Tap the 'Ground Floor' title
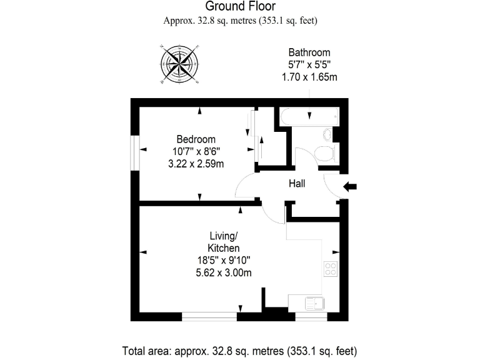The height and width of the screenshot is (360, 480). click(240, 7)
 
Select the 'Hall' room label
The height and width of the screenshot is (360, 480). click(296, 184)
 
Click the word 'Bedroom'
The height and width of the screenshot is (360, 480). click(196, 139)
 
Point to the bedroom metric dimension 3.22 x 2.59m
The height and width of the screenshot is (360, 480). click(196, 164)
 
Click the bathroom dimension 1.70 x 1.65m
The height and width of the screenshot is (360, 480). click(309, 77)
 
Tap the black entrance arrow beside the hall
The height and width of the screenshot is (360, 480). click(351, 186)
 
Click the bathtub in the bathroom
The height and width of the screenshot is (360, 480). click(309, 116)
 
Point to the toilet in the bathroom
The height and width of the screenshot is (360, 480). click(324, 153)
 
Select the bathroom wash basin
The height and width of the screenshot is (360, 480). click(328, 134)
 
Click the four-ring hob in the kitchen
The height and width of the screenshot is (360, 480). click(331, 269)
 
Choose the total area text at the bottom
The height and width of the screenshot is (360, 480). click(240, 351)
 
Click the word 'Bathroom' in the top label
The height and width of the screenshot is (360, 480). click(309, 52)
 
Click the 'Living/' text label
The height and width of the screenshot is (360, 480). click(223, 236)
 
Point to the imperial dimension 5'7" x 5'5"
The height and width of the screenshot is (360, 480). click(309, 65)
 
